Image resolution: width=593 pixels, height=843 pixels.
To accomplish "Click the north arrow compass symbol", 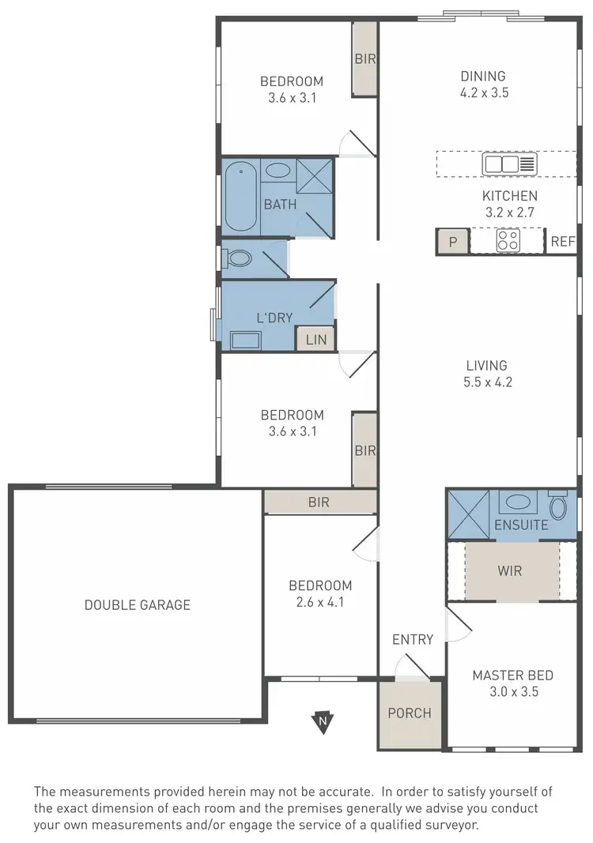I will (x=321, y=721).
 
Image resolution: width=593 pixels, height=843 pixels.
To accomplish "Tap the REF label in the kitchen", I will (x=562, y=242).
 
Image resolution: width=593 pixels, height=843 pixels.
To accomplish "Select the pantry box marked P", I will (x=453, y=242).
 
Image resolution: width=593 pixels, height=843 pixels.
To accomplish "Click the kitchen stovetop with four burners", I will (x=508, y=240).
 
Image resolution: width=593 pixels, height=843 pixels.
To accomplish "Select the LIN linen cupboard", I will (x=315, y=340).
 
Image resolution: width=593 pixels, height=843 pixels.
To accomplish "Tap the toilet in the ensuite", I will (x=557, y=505).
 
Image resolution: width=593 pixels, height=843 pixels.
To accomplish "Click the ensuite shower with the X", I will (x=467, y=515).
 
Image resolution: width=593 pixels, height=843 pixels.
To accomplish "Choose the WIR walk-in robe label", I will (x=510, y=570).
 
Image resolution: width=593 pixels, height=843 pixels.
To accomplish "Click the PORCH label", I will (x=410, y=713).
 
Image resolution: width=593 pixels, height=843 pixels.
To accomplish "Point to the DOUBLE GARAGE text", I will (x=138, y=605).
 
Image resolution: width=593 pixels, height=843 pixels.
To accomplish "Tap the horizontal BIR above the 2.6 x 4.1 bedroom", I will (x=319, y=502).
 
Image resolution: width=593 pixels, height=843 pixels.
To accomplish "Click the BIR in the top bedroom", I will (x=364, y=58).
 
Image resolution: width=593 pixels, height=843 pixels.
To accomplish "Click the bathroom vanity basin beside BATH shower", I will (x=277, y=170).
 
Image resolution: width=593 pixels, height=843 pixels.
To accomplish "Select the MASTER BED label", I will (x=512, y=676).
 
